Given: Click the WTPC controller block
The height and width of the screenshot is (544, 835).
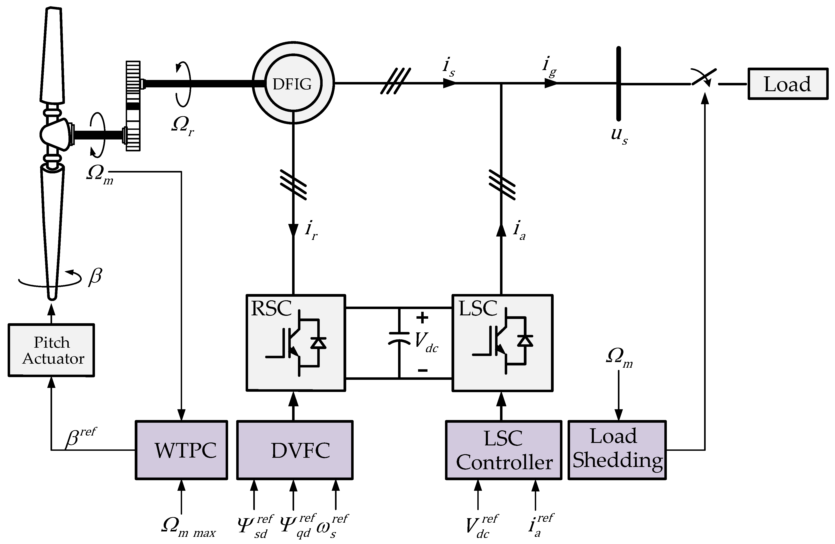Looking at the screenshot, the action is [181, 450].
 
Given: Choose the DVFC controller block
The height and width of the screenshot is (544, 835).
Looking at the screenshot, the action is [295, 450].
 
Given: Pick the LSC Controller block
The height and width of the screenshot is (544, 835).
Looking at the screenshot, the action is [503, 450].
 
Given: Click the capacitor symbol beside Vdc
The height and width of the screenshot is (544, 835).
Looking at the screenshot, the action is [399, 338].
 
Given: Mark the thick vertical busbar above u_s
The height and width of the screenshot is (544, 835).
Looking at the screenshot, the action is [619, 84].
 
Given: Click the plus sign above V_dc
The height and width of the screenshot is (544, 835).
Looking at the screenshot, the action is [422, 318].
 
